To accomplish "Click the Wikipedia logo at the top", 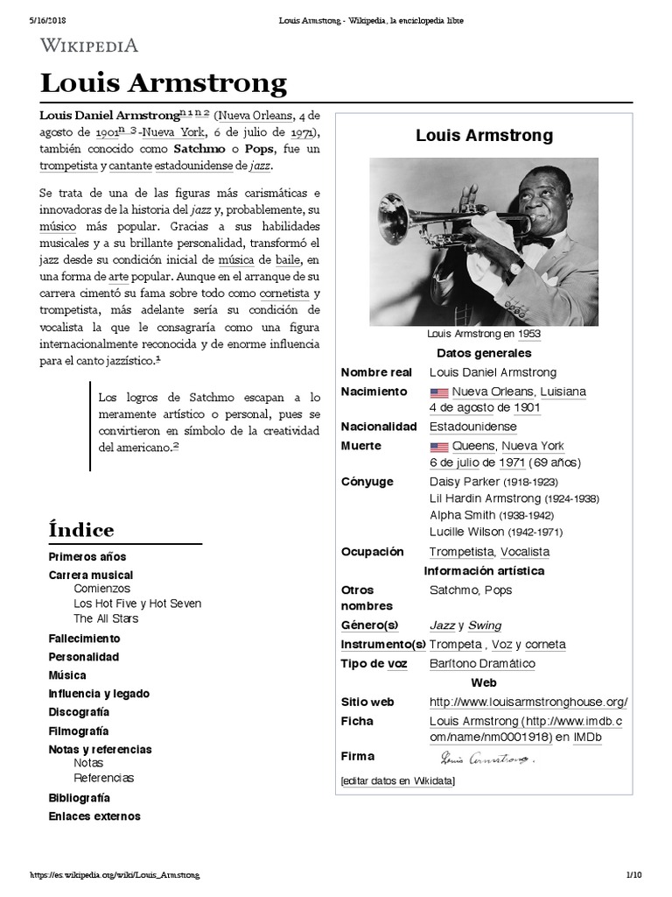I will (x=88, y=46).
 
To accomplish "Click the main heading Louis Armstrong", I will (x=163, y=83).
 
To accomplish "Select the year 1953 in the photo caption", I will (x=528, y=335).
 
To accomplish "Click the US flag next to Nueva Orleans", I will (x=438, y=392).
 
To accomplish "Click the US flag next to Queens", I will (x=438, y=447).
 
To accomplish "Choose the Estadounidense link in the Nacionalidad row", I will (x=472, y=427).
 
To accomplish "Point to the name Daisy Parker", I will (x=465, y=482).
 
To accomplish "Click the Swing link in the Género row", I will (x=485, y=625).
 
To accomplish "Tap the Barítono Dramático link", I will (x=482, y=664).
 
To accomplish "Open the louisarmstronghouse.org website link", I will (x=528, y=703).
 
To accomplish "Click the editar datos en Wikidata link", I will (x=397, y=780).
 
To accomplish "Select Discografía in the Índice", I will (x=79, y=712).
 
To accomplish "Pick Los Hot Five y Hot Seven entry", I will (x=137, y=604).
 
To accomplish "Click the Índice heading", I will (x=80, y=530).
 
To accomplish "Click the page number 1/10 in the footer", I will (x=633, y=875).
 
